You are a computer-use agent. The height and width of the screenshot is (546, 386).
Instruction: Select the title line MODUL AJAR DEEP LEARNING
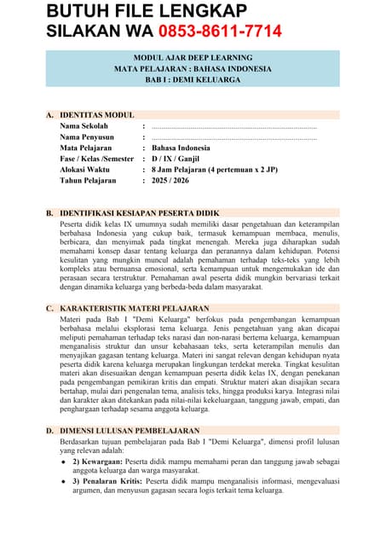(193, 56)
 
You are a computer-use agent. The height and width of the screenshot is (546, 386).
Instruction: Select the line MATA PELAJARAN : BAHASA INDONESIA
(193, 67)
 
